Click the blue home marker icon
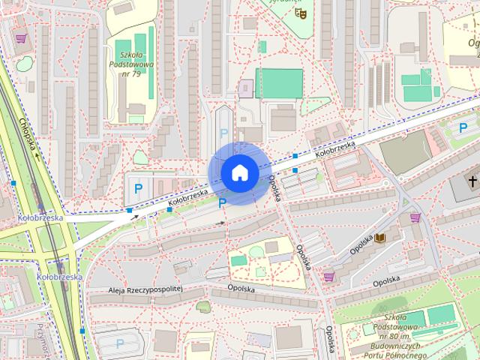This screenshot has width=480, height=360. pos(238,172)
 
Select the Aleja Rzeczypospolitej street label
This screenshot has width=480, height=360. pos(146,288)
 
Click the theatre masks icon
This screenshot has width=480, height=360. pos(301,12)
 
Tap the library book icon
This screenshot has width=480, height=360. pos(381,238)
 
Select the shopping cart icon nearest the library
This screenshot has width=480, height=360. pos(415,217)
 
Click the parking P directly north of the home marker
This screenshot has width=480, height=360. pos(223,133)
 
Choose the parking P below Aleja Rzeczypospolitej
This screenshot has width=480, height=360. pos(121,344)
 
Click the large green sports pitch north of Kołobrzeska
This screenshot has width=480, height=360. pos(279,83)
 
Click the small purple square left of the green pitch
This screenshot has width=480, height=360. pos(246,88)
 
